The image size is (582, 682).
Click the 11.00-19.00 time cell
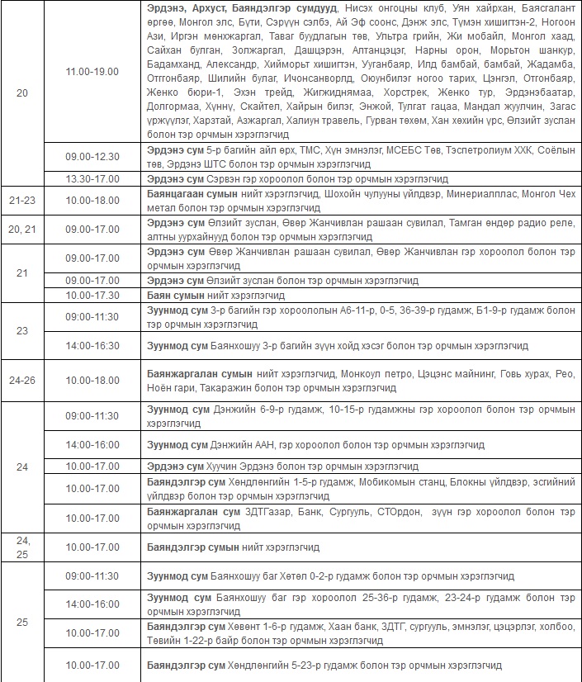pos(92,72)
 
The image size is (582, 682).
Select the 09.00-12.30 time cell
pos(92,156)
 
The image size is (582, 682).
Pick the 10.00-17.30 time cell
pos(92,295)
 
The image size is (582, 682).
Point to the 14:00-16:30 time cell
pos(92,346)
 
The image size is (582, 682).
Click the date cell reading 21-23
pos(21,201)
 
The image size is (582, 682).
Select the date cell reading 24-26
pos(21,381)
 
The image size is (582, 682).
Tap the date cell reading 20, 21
pos(21,229)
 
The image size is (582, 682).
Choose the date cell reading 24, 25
pos(21,547)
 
